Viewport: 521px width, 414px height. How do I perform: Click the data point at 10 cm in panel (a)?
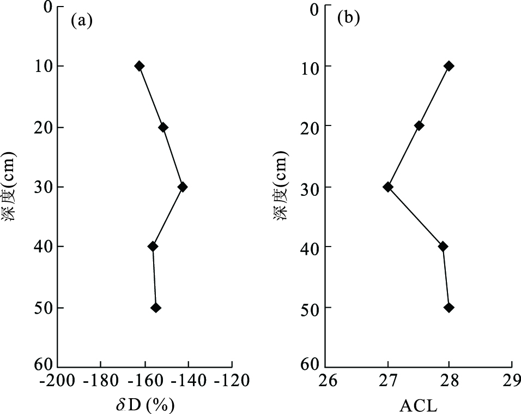(140, 66)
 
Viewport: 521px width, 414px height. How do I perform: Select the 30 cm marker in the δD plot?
(183, 187)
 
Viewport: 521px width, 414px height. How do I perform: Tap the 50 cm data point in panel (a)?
(156, 308)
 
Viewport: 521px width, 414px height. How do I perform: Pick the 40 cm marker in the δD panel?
(153, 247)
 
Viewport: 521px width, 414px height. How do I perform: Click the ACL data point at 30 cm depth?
(387, 187)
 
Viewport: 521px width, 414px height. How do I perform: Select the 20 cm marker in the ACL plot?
(419, 125)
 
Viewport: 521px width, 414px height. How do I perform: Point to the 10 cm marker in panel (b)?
(449, 66)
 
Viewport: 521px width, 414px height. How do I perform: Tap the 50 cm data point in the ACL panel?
(449, 308)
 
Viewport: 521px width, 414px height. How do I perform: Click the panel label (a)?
(82, 21)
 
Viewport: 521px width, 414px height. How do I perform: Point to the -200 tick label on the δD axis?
(57, 380)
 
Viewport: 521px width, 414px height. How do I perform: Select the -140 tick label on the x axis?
(188, 380)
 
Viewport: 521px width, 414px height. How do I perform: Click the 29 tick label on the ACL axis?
(512, 380)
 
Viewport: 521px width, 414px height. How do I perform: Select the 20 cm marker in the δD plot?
(163, 127)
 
